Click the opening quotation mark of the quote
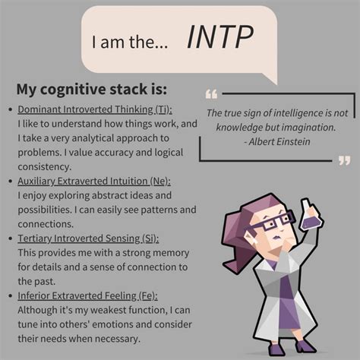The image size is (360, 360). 211,95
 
